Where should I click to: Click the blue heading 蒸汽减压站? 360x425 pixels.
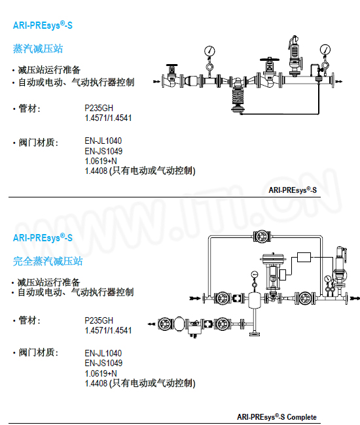(38, 49)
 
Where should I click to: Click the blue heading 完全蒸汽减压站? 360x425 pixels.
(48, 262)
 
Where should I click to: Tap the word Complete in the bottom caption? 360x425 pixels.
(302, 417)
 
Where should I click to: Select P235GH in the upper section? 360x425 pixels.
(99, 108)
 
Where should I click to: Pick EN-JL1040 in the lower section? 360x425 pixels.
(103, 353)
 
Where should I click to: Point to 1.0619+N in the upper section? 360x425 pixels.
(101, 161)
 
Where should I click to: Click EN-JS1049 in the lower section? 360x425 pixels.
(103, 363)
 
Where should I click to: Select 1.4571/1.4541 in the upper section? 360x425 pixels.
(108, 118)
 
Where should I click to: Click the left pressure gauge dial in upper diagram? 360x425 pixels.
(209, 51)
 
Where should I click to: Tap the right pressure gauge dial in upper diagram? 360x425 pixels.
(325, 50)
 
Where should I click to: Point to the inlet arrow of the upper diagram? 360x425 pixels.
(156, 81)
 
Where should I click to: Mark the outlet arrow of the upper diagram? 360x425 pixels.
(339, 81)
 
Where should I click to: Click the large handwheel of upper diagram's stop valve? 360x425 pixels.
(270, 59)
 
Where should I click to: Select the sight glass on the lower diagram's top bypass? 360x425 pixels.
(262, 236)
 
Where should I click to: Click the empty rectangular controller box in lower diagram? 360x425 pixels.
(304, 257)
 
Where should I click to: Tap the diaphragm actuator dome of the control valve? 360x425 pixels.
(273, 258)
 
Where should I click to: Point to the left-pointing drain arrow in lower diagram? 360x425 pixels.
(151, 324)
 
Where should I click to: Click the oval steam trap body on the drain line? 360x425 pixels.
(179, 324)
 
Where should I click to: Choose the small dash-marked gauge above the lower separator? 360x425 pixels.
(255, 275)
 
